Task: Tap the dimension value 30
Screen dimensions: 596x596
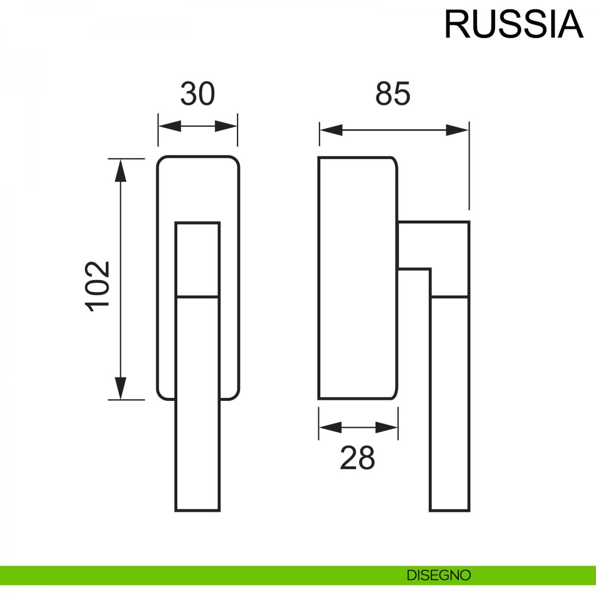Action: pyautogui.click(x=197, y=94)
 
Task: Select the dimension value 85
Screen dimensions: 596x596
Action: pyautogui.click(x=393, y=94)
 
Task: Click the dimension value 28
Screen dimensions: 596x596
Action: pyautogui.click(x=357, y=458)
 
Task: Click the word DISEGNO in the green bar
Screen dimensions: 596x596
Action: pyautogui.click(x=439, y=575)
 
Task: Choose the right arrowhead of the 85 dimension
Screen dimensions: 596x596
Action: pyautogui.click(x=457, y=130)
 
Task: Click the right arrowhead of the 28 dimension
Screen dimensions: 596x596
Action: pyautogui.click(x=387, y=427)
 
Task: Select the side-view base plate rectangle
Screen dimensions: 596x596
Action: pyautogui.click(x=357, y=278)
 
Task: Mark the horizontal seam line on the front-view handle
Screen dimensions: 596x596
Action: pyautogui.click(x=198, y=297)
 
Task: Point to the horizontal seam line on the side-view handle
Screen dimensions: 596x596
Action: pyautogui.click(x=449, y=297)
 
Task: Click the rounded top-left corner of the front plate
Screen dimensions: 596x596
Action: pyautogui.click(x=161, y=161)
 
